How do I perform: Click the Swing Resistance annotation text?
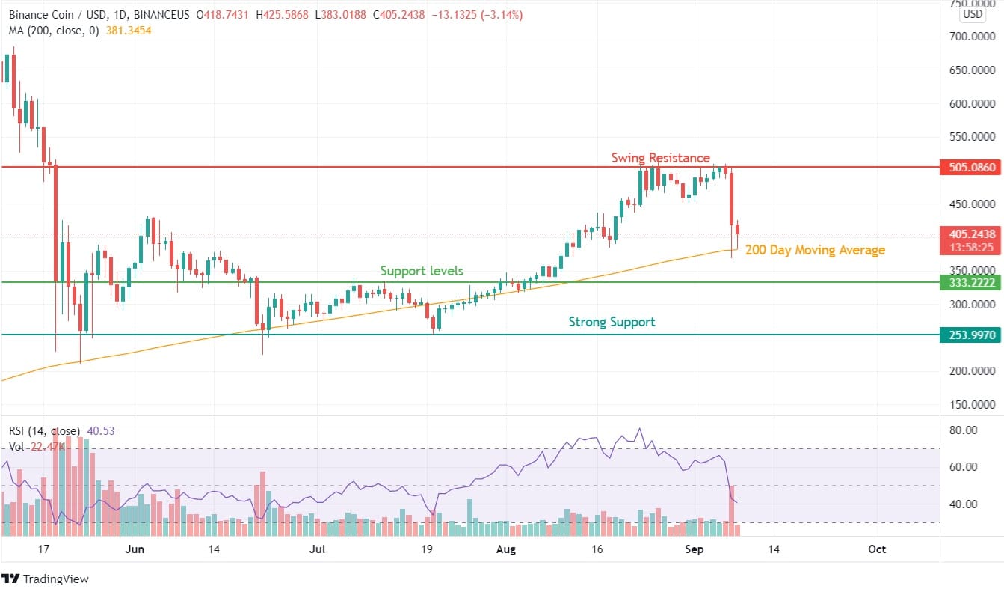(x=660, y=158)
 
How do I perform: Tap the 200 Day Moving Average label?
(x=815, y=250)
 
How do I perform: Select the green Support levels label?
(x=422, y=270)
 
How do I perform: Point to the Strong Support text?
(x=612, y=322)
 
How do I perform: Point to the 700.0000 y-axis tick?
(x=972, y=36)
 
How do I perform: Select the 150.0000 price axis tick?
(x=972, y=405)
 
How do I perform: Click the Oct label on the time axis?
(x=877, y=549)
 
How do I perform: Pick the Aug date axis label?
(x=506, y=549)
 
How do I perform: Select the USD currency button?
(x=973, y=14)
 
